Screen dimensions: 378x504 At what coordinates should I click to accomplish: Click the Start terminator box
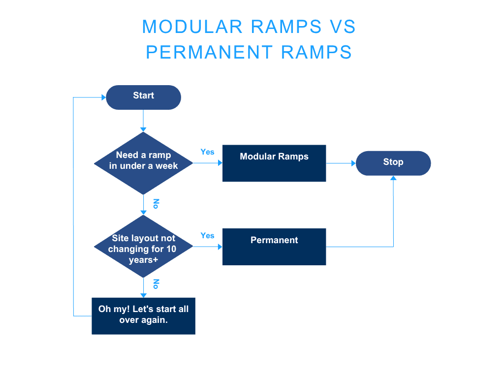tap(143, 97)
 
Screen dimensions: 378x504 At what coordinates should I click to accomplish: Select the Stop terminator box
tap(393, 163)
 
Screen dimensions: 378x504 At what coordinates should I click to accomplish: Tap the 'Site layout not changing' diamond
tap(143, 247)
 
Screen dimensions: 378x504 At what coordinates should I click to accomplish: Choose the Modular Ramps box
tap(274, 163)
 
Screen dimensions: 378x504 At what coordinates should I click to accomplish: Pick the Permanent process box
tap(274, 247)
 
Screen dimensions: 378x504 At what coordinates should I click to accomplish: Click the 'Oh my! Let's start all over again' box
tap(143, 315)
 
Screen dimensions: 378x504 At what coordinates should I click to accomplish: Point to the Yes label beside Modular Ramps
tap(207, 152)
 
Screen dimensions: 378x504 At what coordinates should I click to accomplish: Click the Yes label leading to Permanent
tap(207, 235)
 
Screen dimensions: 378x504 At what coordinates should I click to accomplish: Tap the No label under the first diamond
tap(156, 203)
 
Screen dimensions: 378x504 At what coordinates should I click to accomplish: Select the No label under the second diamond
tap(156, 283)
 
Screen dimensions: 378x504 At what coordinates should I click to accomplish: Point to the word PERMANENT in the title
tap(209, 52)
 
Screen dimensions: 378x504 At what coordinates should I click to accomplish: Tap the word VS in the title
tap(343, 27)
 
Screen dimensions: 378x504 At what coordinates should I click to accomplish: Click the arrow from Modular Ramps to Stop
tap(341, 163)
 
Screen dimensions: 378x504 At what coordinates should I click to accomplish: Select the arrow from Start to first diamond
tap(143, 120)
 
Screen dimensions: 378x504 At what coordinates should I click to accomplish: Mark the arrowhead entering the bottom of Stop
tap(393, 178)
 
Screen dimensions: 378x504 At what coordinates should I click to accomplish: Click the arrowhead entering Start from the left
tap(103, 97)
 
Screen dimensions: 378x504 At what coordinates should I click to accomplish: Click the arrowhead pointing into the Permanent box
tap(220, 247)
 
